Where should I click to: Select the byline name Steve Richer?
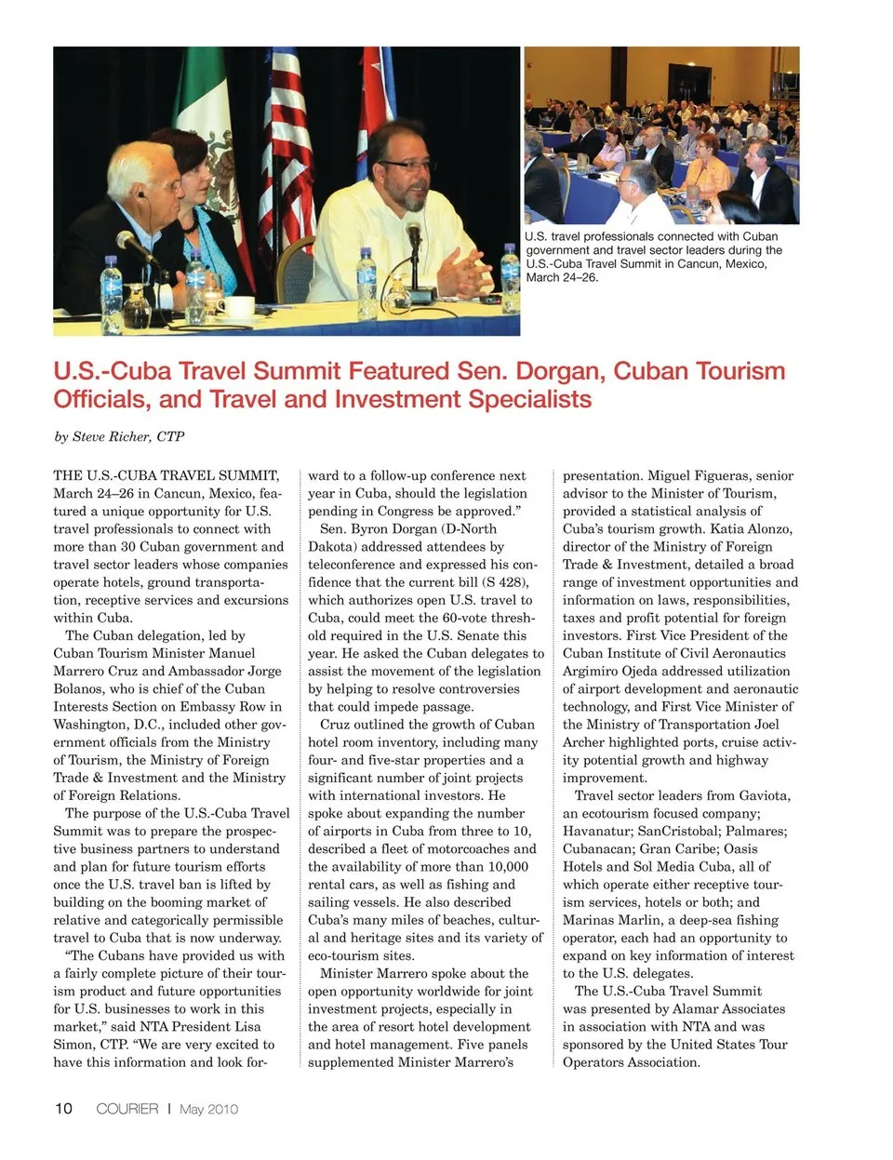[128, 436]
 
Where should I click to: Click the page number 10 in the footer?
[63, 1108]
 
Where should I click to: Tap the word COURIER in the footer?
[127, 1108]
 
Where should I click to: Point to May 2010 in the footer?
[208, 1109]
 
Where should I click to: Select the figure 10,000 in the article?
[504, 866]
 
